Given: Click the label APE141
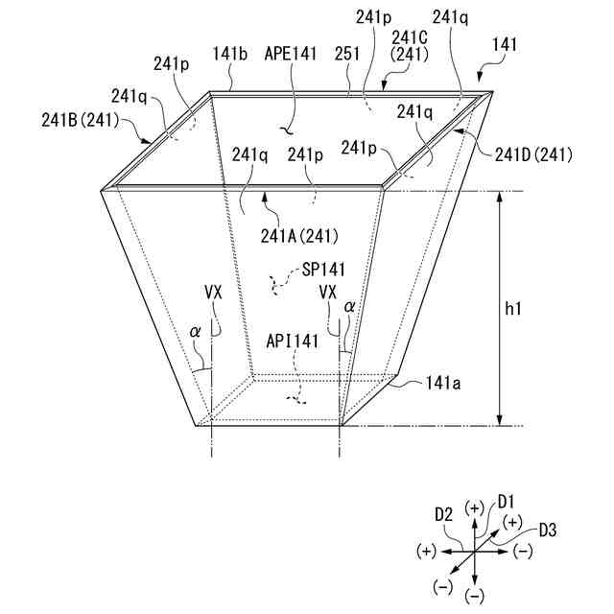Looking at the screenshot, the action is [x=290, y=54].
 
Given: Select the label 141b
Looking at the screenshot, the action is [x=230, y=54].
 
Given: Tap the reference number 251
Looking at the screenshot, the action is [x=347, y=54].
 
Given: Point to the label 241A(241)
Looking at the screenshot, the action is [x=299, y=237].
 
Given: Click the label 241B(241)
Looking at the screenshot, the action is [x=81, y=120].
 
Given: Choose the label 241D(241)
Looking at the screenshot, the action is [x=533, y=155].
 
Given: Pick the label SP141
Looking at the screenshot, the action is [x=323, y=270].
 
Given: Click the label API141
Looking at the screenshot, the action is [x=292, y=342].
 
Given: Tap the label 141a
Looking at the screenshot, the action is [x=443, y=384].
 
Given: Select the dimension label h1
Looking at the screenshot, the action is [x=513, y=309].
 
